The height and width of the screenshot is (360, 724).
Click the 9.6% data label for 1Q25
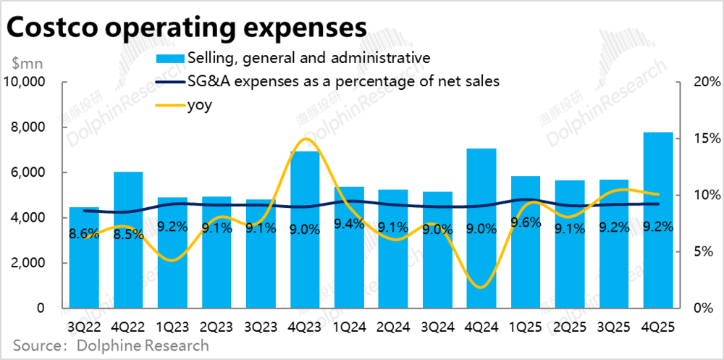click(525, 223)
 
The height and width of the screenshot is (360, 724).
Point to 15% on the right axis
click(699, 138)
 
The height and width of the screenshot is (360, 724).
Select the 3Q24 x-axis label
click(437, 326)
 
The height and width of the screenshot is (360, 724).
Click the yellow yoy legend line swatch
click(169, 106)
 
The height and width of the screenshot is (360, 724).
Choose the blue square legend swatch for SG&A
click(169, 58)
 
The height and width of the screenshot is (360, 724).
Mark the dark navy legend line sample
click(169, 82)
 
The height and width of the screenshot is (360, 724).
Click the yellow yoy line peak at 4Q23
click(306, 139)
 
